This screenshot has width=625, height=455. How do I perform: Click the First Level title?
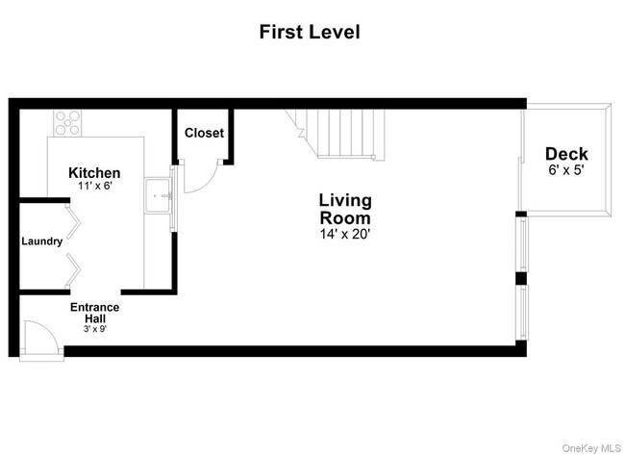310,32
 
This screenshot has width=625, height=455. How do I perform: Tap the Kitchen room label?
94,172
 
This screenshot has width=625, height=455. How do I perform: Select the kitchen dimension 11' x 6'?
94,186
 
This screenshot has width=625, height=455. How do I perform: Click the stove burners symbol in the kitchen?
67,122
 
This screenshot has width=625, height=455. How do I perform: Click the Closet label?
204,133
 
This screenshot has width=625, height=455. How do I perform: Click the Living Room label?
345,209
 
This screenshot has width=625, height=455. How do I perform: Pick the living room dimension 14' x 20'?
345,233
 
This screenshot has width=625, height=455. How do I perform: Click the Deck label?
566,154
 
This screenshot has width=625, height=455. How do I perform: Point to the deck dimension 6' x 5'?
566,169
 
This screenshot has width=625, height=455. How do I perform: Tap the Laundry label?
42,241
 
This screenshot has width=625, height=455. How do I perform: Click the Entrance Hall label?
94,314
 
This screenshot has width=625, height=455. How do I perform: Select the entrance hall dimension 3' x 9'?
94,328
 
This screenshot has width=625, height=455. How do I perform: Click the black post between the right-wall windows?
520,279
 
